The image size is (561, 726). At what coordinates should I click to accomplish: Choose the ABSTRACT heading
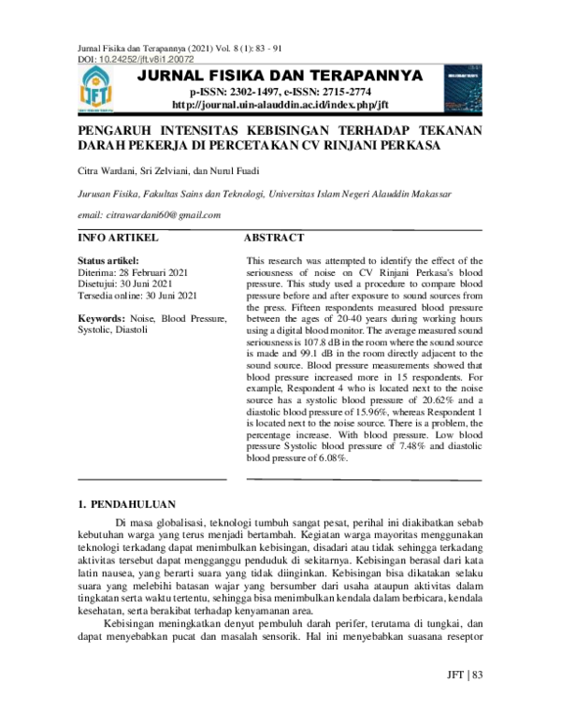274,239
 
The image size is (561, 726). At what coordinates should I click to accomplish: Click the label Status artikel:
108,260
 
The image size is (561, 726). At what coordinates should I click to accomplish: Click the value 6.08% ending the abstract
330,458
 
